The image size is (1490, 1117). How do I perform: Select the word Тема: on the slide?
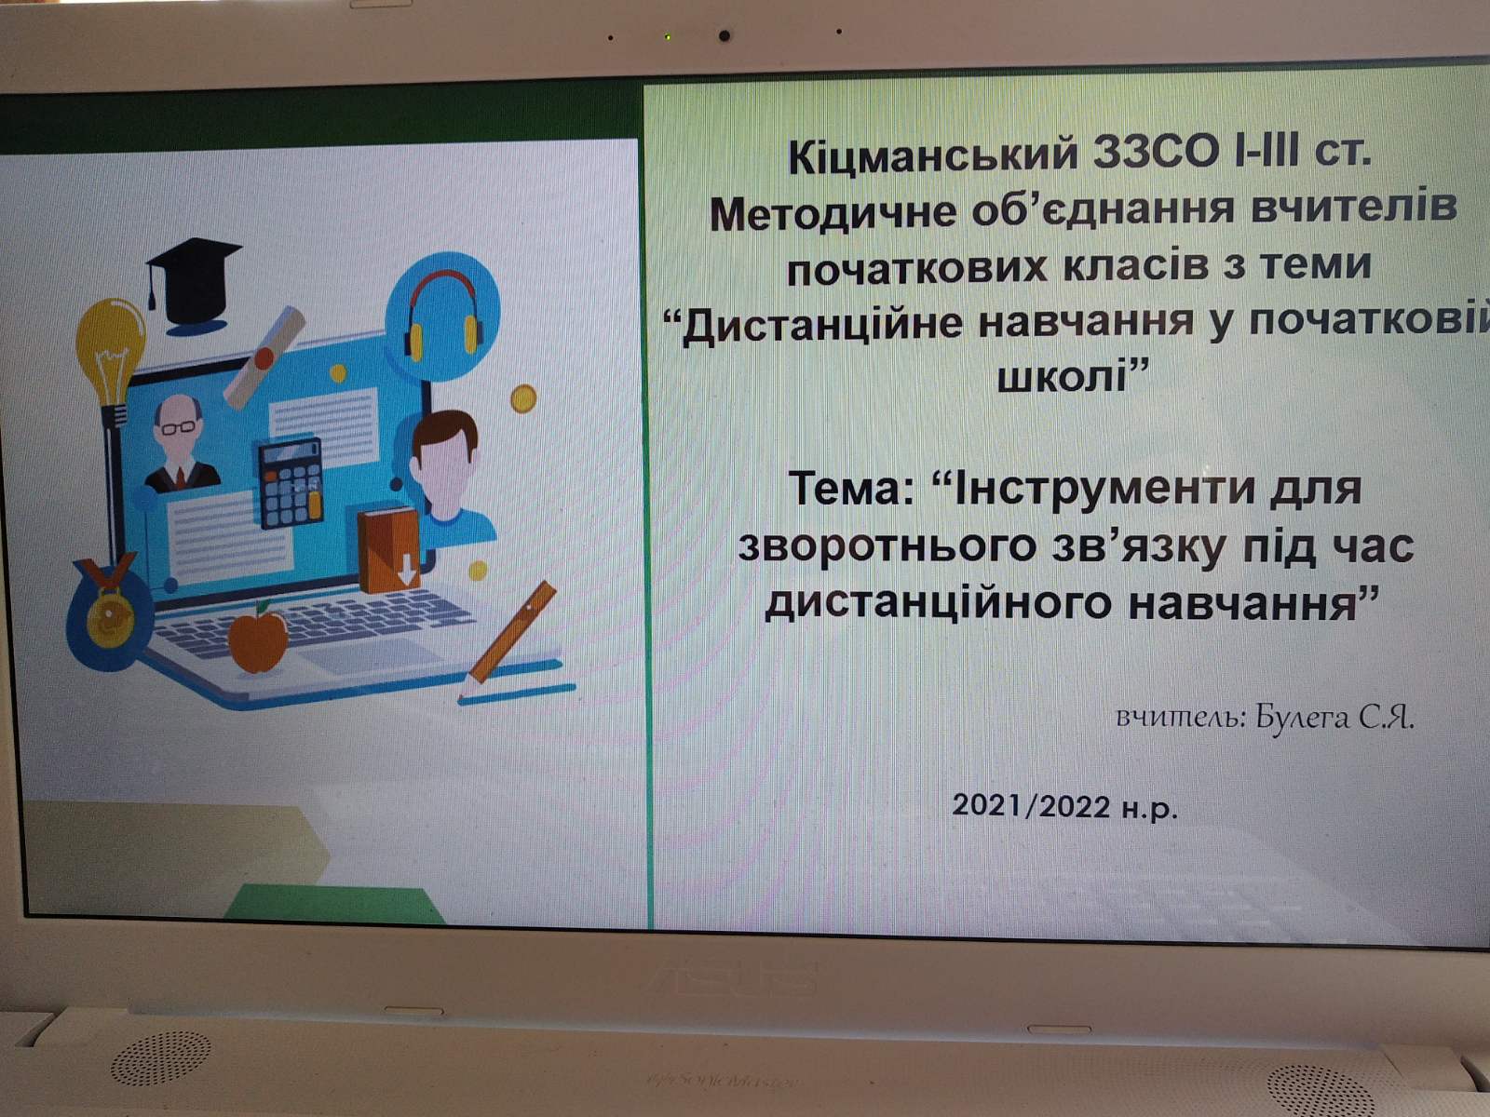pyautogui.click(x=853, y=490)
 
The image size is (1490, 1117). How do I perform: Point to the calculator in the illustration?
pyautogui.click(x=291, y=483)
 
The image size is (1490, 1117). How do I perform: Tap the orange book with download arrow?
pyautogui.click(x=389, y=548)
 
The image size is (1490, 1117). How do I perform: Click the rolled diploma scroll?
pyautogui.click(x=264, y=357)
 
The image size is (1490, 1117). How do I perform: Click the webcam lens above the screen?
pyautogui.click(x=725, y=35)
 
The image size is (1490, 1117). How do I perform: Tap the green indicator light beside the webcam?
pyautogui.click(x=668, y=36)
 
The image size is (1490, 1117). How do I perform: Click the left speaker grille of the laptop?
pyautogui.click(x=161, y=1056)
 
